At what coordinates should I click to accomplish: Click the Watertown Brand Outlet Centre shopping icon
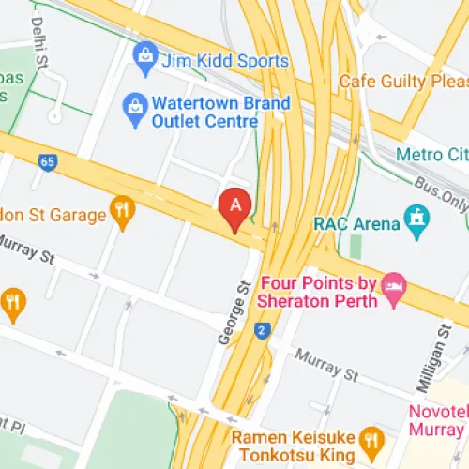point(135,111)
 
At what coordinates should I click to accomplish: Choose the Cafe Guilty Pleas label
point(409,81)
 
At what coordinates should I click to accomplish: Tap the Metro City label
point(431,154)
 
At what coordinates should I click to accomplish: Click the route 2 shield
point(260,330)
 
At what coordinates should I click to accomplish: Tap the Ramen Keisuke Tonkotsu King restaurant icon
point(372,438)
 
